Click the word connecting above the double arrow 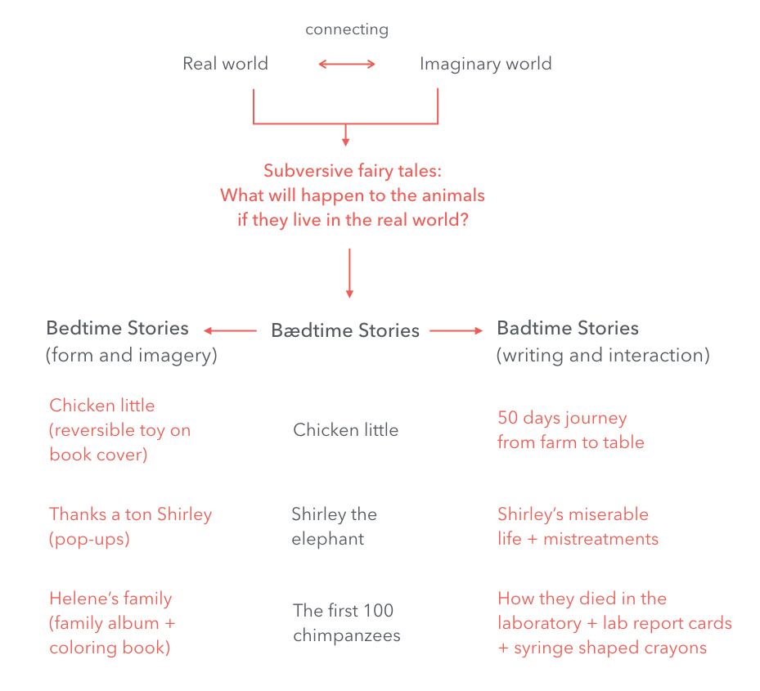pyautogui.click(x=347, y=30)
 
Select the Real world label pyautogui.click(x=225, y=64)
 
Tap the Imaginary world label pyautogui.click(x=485, y=64)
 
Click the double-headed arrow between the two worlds pyautogui.click(x=347, y=64)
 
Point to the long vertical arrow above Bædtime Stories pyautogui.click(x=349, y=273)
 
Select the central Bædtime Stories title pyautogui.click(x=345, y=330)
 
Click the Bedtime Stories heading pyautogui.click(x=117, y=329)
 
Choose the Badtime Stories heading pyautogui.click(x=568, y=329)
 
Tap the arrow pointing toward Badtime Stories pyautogui.click(x=456, y=330)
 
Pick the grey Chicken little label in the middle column pyautogui.click(x=345, y=430)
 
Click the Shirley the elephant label pyautogui.click(x=334, y=527)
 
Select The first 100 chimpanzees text pyautogui.click(x=346, y=623)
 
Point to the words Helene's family pyautogui.click(x=110, y=599)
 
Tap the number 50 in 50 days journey pyautogui.click(x=509, y=418)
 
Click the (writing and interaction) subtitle pyautogui.click(x=603, y=356)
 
